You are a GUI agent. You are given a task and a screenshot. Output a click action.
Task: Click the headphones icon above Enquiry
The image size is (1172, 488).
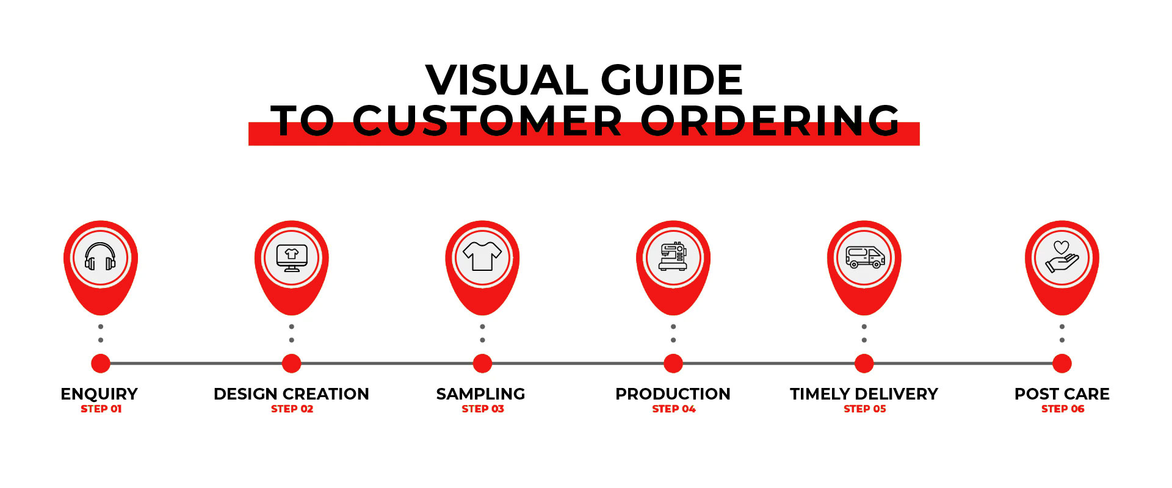click(100, 257)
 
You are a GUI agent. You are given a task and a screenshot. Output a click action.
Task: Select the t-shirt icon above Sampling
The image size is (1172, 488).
click(482, 256)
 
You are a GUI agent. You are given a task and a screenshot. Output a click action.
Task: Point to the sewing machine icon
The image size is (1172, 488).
click(673, 257)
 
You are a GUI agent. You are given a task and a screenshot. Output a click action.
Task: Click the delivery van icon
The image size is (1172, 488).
click(865, 257)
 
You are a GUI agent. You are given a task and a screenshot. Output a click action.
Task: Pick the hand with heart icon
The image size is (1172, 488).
click(1062, 257)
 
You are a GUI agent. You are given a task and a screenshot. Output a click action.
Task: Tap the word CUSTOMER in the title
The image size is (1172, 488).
click(487, 120)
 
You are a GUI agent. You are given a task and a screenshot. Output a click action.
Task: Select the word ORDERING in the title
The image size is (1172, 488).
click(770, 120)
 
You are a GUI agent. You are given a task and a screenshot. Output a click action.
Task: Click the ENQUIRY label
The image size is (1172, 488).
click(99, 394)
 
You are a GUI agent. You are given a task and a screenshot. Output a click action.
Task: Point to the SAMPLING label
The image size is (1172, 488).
click(480, 394)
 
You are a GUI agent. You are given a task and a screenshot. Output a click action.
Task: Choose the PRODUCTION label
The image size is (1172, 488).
click(673, 394)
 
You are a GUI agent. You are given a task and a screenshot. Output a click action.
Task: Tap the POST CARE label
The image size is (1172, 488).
click(1062, 394)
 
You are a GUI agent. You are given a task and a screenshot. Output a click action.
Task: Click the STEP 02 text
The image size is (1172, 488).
click(292, 409)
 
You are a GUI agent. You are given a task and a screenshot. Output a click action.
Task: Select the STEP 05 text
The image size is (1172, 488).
click(864, 409)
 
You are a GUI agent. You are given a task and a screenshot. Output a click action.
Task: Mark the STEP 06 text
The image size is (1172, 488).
click(1063, 409)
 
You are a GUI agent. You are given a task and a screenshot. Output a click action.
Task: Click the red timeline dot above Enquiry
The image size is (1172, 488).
click(101, 364)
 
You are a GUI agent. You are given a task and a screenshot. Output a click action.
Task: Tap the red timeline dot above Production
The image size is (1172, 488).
click(673, 364)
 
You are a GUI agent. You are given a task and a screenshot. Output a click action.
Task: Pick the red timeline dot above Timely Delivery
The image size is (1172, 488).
click(864, 364)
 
